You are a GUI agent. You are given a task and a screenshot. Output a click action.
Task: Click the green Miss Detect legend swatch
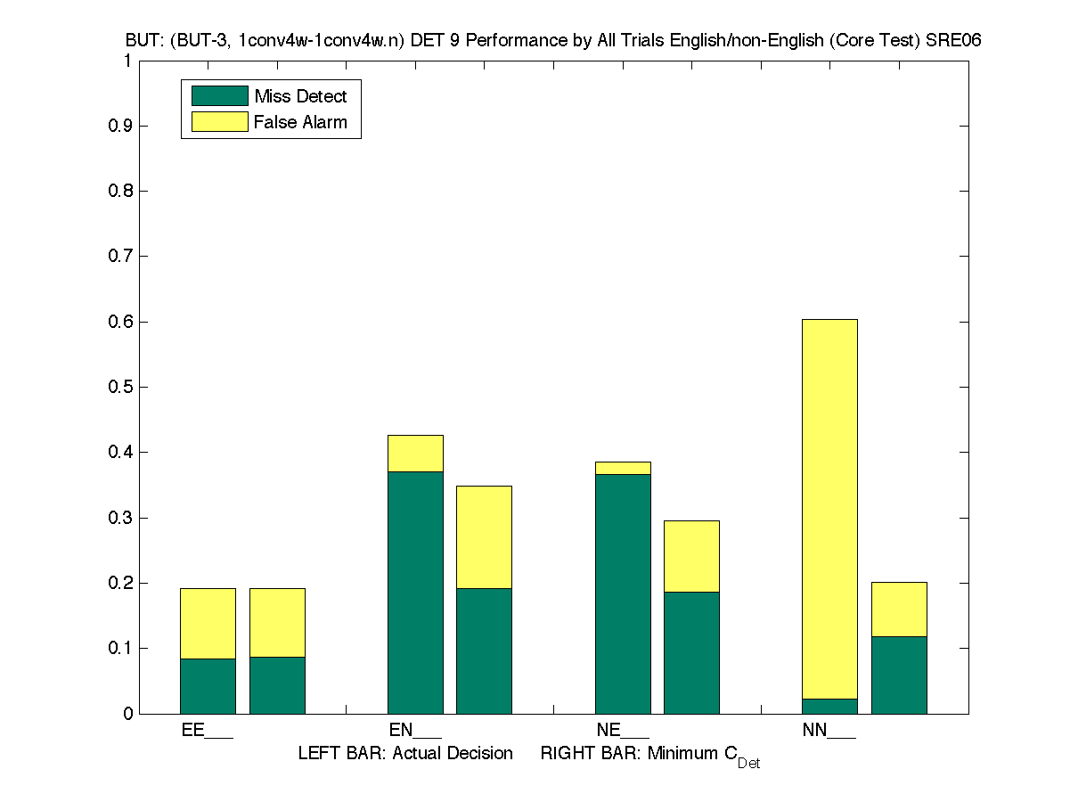pyautogui.click(x=219, y=96)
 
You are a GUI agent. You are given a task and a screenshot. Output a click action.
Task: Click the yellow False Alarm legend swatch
pyautogui.click(x=219, y=122)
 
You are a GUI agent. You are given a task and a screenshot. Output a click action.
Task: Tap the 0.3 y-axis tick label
pyautogui.click(x=121, y=518)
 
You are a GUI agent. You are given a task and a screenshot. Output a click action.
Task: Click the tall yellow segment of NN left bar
pyautogui.click(x=829, y=508)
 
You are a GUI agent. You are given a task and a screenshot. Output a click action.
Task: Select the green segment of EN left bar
pyautogui.click(x=415, y=593)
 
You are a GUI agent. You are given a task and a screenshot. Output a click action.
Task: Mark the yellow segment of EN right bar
pyautogui.click(x=484, y=536)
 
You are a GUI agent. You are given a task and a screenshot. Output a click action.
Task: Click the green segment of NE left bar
pyautogui.click(x=623, y=593)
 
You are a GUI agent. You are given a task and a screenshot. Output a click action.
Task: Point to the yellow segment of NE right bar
pyautogui.click(x=691, y=556)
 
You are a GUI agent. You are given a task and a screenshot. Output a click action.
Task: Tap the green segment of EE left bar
pyautogui.click(x=208, y=686)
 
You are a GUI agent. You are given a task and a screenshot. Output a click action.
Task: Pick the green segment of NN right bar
pyautogui.click(x=899, y=675)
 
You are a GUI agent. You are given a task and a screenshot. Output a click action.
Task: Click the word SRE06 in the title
pyautogui.click(x=953, y=41)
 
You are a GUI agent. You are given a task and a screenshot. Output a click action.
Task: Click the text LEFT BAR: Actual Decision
pyautogui.click(x=405, y=754)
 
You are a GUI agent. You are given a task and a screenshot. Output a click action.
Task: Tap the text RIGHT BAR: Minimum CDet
pyautogui.click(x=649, y=755)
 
